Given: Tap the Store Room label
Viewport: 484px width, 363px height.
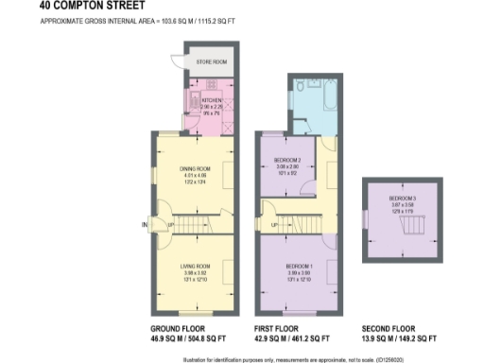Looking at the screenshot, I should click(211, 61).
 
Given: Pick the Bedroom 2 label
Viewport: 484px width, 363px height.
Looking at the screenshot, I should click(287, 161).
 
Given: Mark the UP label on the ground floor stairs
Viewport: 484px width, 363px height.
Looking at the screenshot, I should click(169, 225).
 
